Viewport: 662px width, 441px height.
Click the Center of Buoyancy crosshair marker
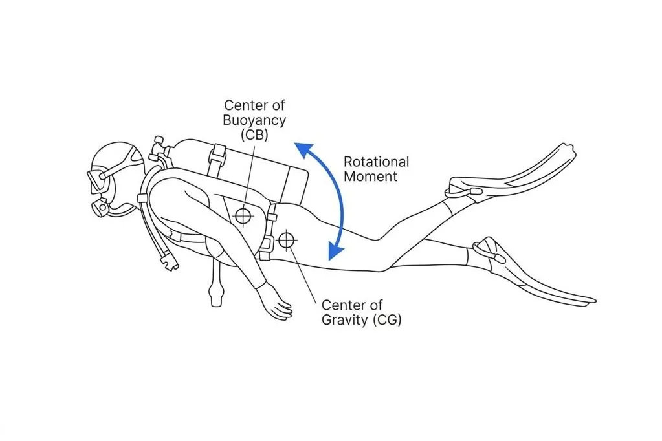click(243, 215)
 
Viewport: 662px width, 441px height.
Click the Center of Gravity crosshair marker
click(285, 241)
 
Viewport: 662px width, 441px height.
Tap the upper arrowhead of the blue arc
click(300, 149)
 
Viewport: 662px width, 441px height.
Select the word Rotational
click(376, 162)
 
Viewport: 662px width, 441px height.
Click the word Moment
click(370, 177)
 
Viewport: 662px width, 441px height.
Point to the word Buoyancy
click(254, 120)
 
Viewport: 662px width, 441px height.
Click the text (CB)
click(254, 135)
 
